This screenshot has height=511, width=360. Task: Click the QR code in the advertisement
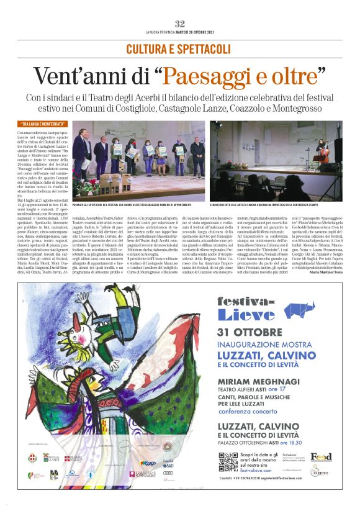coord(230,465)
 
